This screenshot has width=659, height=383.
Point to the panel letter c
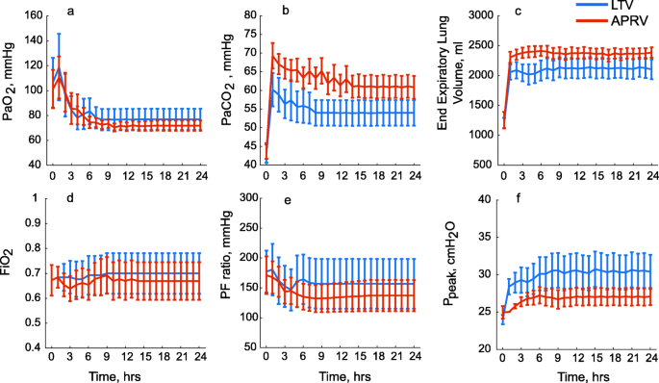pyautogui.click(x=518, y=11)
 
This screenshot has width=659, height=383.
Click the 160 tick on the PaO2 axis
pyautogui.click(x=34, y=16)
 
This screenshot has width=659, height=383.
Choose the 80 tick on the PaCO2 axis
pyautogui.click(x=252, y=16)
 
